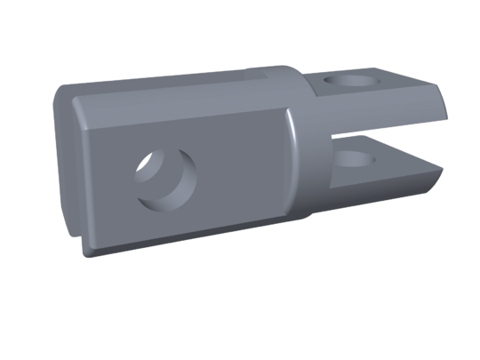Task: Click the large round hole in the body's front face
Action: [x=165, y=178]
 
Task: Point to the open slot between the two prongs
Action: [x=391, y=133]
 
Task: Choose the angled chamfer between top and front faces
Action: [x=178, y=100]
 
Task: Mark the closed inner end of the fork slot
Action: [x=334, y=142]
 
